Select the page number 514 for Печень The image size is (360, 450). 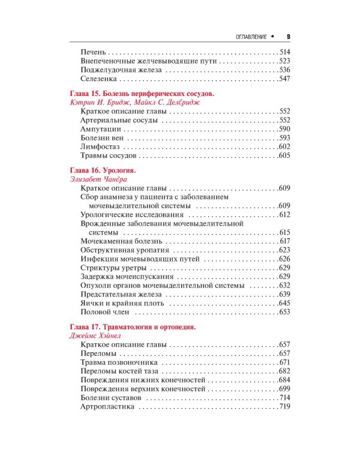click(284, 52)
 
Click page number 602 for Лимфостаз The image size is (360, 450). click(284, 147)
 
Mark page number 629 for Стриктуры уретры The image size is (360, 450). click(284, 268)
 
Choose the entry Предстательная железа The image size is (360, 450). click(117, 294)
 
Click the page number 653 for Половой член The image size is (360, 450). click(284, 312)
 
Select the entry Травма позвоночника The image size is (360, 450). click(118, 363)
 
